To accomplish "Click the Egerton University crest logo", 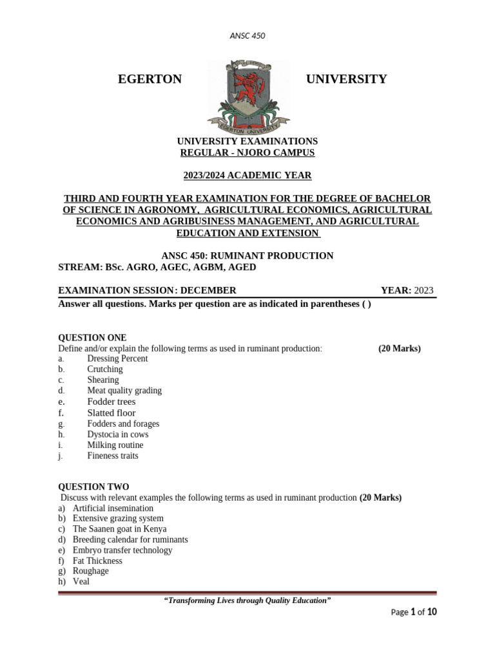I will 248,93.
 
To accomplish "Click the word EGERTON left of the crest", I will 150,79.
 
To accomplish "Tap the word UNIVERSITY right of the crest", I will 346,79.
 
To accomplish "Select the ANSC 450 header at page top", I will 247,36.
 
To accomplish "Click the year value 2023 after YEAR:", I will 424,290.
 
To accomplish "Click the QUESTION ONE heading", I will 92,338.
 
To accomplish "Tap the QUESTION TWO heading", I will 93,487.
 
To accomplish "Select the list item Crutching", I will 105,369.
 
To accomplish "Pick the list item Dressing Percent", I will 117,358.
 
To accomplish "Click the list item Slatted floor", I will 112,413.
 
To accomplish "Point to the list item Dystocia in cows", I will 118,434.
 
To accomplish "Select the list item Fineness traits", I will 113,456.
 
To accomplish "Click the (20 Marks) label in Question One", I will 399,348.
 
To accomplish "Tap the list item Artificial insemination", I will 113,508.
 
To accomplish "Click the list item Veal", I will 81,581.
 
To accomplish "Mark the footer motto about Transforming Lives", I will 247,600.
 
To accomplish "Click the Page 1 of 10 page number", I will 414,612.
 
